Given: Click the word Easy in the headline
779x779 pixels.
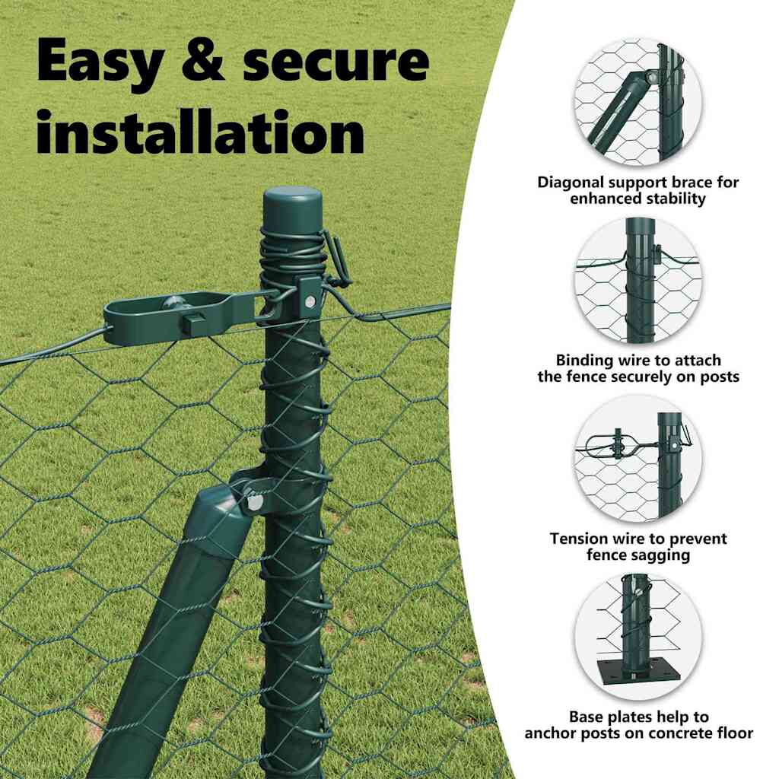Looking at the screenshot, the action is click(x=100, y=62).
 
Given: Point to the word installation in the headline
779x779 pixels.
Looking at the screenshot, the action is click(x=201, y=131).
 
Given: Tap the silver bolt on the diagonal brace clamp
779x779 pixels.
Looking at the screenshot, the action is click(x=254, y=501).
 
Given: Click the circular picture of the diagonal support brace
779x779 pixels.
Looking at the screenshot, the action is click(x=638, y=101).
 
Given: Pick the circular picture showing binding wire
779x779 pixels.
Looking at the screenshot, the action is click(x=638, y=280).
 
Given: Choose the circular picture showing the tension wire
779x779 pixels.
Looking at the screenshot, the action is click(x=638, y=459).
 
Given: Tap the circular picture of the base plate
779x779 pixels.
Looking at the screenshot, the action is click(x=638, y=637).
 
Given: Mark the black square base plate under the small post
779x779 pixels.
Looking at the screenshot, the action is click(x=638, y=672).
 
